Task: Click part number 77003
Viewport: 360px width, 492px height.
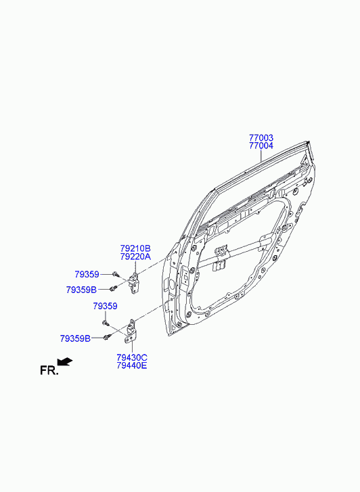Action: pos(261,138)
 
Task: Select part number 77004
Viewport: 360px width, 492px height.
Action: pos(261,146)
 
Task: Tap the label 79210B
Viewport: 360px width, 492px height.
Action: pos(135,248)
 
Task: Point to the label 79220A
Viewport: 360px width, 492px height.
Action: pos(135,256)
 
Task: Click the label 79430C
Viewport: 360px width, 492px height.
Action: pos(132,358)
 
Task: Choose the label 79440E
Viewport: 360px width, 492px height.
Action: pos(132,365)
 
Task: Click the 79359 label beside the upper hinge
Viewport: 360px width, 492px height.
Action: pos(87,275)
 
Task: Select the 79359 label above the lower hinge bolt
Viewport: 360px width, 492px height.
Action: pos(105,307)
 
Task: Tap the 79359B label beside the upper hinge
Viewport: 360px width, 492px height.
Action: pos(81,290)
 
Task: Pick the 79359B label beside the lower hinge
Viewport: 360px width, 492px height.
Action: pos(75,338)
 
